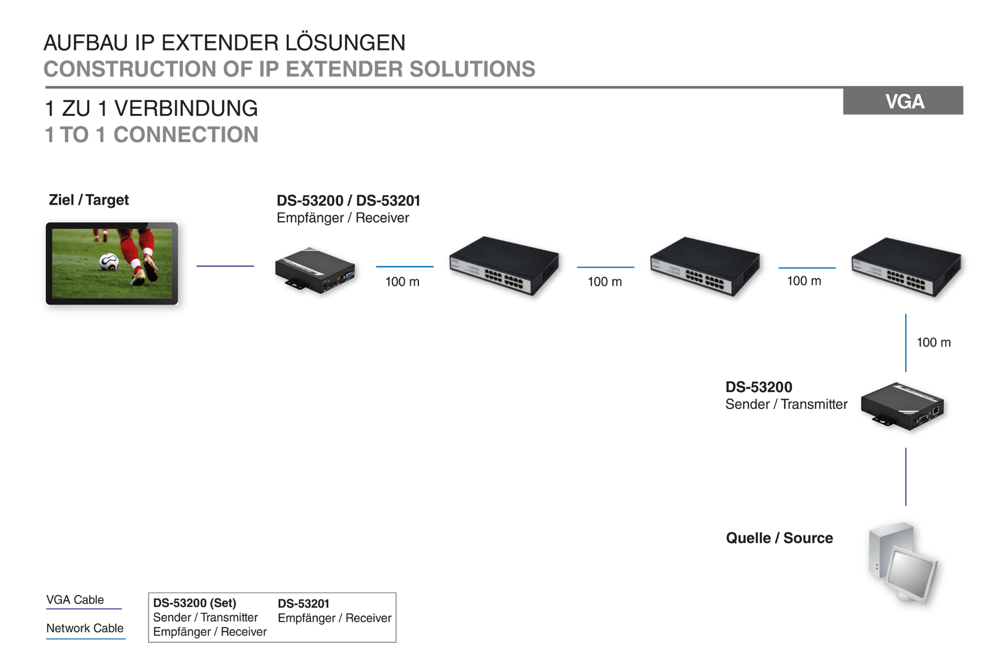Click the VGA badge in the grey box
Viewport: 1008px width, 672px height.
pyautogui.click(x=904, y=102)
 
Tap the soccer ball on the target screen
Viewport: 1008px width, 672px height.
pyautogui.click(x=109, y=262)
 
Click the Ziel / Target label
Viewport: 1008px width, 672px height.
pyautogui.click(x=89, y=200)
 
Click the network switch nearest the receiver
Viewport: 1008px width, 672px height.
pyautogui.click(x=504, y=266)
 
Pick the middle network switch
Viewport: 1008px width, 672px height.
pyautogui.click(x=705, y=266)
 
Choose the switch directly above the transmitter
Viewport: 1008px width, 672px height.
pyautogui.click(x=906, y=267)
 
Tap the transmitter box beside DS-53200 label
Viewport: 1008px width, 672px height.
pyautogui.click(x=902, y=406)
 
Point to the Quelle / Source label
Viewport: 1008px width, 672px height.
pyautogui.click(x=779, y=538)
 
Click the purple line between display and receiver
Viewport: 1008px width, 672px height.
pyautogui.click(x=225, y=266)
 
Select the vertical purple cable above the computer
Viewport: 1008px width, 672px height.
pyautogui.click(x=906, y=476)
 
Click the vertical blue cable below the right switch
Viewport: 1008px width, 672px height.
pyautogui.click(x=906, y=343)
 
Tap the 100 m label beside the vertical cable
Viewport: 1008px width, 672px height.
pyautogui.click(x=933, y=343)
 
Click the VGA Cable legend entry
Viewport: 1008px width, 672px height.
pyautogui.click(x=75, y=600)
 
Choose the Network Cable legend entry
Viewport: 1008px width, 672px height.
pyautogui.click(x=85, y=629)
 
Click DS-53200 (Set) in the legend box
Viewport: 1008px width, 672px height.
pyautogui.click(x=195, y=603)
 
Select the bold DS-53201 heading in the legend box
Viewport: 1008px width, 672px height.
pyautogui.click(x=303, y=603)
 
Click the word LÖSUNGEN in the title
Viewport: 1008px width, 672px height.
pyautogui.click(x=345, y=43)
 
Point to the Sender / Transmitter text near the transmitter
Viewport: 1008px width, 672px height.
pyautogui.click(x=786, y=404)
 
